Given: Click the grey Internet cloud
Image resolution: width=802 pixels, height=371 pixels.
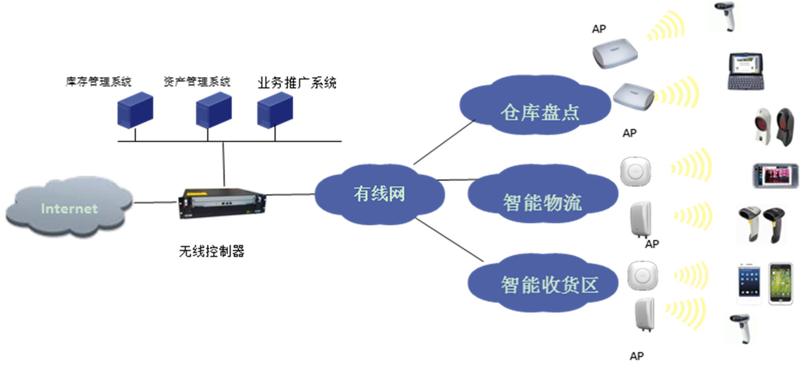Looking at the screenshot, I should coord(69,206).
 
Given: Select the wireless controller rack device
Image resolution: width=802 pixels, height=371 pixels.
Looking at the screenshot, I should coord(223,203).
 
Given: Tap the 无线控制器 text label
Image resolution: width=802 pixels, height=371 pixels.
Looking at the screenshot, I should coord(212,251).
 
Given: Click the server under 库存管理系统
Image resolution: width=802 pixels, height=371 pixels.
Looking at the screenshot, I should coord(135,110).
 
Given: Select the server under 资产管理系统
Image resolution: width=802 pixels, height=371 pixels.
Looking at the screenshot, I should coord(214,110).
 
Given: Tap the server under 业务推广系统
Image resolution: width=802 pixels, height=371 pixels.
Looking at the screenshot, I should coord(275,110).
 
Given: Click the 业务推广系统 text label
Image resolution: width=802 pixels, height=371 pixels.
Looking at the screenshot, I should coord(297,83).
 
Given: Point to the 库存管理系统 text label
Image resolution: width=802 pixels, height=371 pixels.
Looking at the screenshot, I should coord(98,82).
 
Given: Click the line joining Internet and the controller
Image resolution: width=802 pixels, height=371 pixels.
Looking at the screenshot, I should coord(156,202).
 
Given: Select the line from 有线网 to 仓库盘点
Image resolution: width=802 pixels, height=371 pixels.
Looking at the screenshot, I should coord(444,142).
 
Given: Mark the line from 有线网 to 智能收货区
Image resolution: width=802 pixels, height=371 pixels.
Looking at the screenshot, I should coord(449,239).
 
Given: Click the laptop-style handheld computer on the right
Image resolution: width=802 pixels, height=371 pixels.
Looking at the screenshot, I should coord(745,71).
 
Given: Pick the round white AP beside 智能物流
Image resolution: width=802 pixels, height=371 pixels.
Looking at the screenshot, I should coord(636,172).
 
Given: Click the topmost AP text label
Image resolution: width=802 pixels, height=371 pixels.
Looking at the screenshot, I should coord(599,29).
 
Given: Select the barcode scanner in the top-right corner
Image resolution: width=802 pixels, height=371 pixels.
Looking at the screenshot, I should coord(725,16).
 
